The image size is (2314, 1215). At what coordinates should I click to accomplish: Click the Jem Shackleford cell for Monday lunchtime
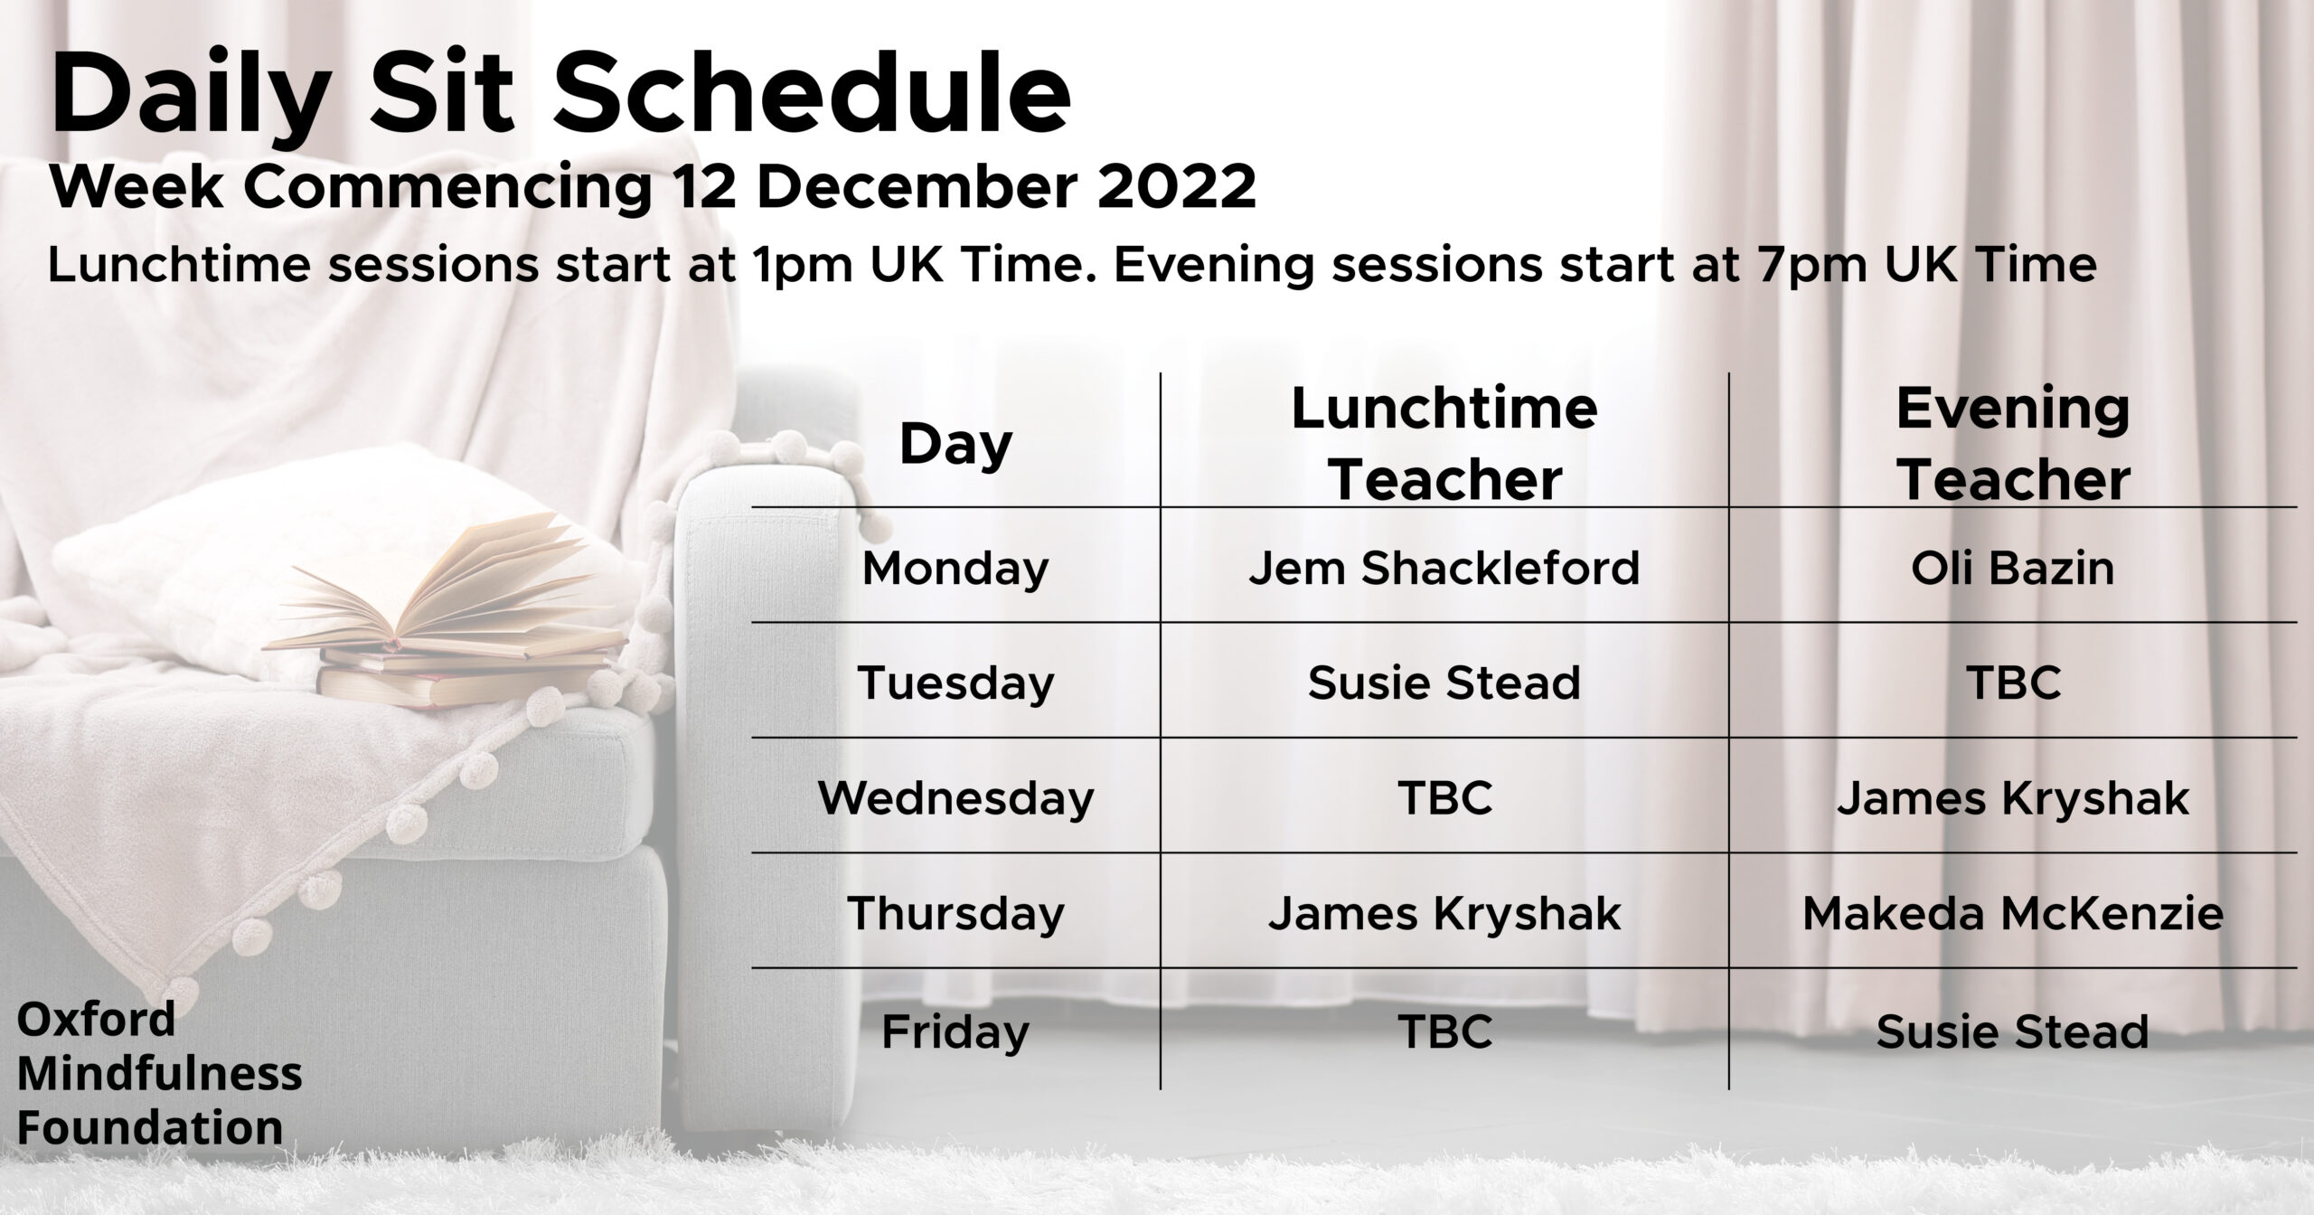[1444, 569]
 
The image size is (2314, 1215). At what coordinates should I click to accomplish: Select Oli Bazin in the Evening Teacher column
[2013, 569]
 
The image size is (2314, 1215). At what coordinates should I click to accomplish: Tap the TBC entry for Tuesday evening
[2013, 683]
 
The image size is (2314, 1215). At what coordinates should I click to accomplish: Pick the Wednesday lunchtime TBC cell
[1444, 798]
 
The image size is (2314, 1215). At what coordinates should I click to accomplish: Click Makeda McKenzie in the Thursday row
[2013, 914]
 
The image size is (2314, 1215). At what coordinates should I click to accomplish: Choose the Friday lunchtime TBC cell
[1444, 1031]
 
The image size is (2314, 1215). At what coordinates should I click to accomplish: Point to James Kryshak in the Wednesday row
[2013, 799]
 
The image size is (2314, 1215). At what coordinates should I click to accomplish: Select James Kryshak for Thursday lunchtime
[1444, 914]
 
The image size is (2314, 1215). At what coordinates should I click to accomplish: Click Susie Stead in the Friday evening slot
[2013, 1031]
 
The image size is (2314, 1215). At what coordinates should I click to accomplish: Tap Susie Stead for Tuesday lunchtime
[1444, 683]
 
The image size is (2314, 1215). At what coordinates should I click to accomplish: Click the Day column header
[955, 447]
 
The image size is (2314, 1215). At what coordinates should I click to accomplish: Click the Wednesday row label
[955, 799]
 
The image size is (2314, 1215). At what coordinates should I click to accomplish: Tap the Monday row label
[955, 569]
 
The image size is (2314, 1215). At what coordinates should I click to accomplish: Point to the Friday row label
[955, 1032]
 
